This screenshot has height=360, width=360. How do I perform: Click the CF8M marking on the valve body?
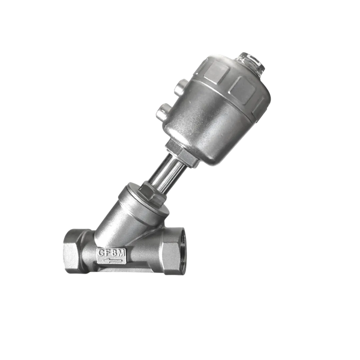coord(112,253)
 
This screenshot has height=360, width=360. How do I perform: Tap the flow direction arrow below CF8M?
coord(112,260)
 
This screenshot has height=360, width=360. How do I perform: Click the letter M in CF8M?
coord(122,253)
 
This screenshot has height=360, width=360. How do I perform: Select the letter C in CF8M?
coord(101,253)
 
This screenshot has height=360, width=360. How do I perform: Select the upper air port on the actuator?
coord(181,87)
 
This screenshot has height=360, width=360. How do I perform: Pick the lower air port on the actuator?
coord(163,111)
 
